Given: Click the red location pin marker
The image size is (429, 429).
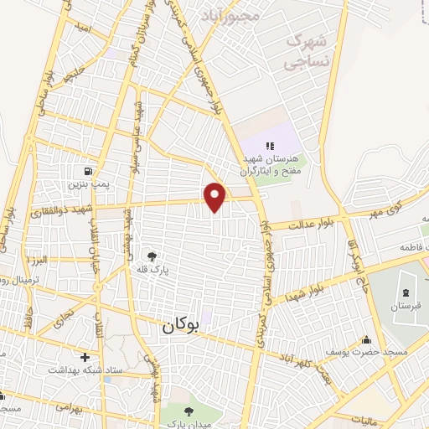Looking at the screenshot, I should tap(215, 196).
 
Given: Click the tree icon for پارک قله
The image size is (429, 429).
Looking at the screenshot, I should tap(151, 256).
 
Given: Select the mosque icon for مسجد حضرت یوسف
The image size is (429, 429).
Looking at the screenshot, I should tap(366, 340).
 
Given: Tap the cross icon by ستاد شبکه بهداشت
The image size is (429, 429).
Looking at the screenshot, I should tap(85, 357).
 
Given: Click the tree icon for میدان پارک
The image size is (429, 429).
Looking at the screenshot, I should tap(189, 410).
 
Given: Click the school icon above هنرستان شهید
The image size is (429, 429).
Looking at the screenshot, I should tap(270, 146).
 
